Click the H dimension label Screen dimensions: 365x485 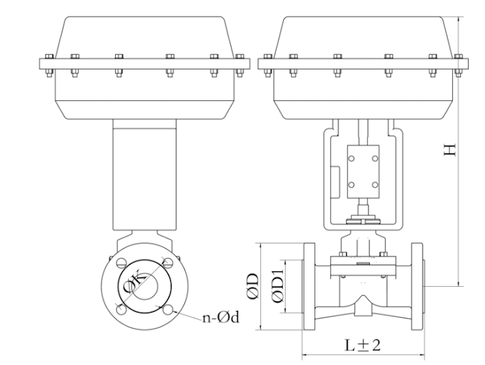click(449, 149)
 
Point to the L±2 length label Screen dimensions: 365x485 click(363, 346)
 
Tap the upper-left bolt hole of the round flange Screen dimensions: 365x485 click(121, 263)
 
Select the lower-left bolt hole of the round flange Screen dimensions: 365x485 click(121, 309)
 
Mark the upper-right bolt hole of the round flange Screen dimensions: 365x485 click(168, 263)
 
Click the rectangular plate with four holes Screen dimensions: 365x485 click(362, 172)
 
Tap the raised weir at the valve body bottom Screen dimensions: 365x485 click(363, 304)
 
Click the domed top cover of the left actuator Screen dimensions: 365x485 click(144, 36)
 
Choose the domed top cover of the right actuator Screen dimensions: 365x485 click(363, 36)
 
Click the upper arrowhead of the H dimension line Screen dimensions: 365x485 click(459, 20)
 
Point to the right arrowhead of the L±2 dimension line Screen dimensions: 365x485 click(422, 355)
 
